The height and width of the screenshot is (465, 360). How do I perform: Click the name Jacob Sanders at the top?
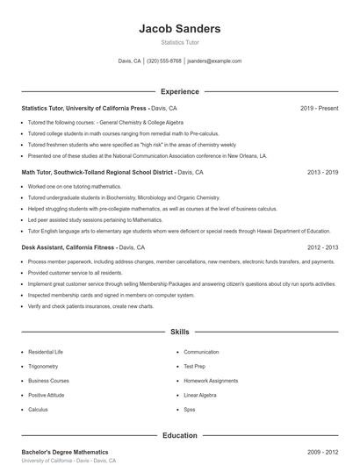(179, 29)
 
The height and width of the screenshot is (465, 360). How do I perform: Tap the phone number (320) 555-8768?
(164, 61)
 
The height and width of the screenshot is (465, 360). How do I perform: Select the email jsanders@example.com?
(215, 61)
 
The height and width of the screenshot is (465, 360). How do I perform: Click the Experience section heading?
(179, 91)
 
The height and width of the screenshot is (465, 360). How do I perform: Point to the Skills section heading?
(179, 333)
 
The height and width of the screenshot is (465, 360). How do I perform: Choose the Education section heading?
(179, 435)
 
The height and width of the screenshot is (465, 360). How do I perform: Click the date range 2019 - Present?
(319, 108)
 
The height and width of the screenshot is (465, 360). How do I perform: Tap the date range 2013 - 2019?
(322, 173)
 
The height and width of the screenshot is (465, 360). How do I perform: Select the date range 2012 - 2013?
(322, 248)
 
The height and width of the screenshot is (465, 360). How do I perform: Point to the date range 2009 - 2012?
(322, 451)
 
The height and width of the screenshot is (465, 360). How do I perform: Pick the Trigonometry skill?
(43, 366)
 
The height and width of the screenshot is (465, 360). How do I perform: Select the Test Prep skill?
(194, 366)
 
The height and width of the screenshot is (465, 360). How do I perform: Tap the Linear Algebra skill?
(199, 395)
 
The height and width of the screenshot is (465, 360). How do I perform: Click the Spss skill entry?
(190, 410)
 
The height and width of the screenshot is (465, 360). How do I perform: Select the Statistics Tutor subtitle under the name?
(179, 42)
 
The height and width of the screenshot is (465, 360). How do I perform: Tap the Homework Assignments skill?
(210, 381)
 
